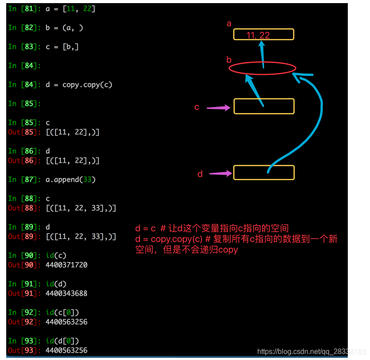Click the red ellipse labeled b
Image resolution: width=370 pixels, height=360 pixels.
coord(262,68)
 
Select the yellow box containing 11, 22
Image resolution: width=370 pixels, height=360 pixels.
coord(264,35)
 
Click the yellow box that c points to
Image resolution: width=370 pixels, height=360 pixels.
coord(264,106)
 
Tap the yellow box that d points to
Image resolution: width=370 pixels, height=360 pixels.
coord(264,173)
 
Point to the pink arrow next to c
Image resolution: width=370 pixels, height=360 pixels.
coord(219,107)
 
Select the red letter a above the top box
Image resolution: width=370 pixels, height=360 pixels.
coord(229,24)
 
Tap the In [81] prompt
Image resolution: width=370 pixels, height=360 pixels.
coord(24,8)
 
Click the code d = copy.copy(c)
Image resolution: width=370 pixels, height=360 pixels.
coord(79,84)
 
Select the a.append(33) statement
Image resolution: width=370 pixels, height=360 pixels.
coord(71,179)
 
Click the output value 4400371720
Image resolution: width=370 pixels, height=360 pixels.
coord(67,265)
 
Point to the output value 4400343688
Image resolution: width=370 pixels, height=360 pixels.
coord(67,293)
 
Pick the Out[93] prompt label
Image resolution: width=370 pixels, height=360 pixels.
coord(24,350)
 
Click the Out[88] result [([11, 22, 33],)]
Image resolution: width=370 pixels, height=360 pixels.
coord(81,208)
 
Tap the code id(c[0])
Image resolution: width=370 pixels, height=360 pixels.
coord(62,312)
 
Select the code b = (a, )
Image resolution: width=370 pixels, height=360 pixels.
coord(64,28)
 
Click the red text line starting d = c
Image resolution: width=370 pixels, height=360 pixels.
coord(212,229)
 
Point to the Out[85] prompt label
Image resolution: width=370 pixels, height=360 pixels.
coord(24,132)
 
